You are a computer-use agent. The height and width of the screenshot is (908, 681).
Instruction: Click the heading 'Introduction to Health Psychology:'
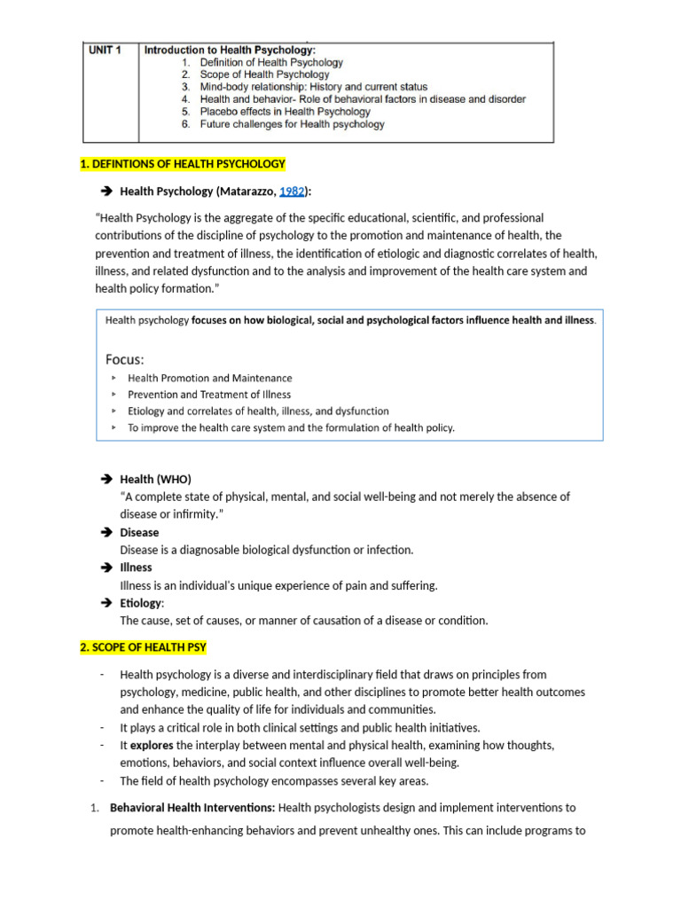tap(230, 51)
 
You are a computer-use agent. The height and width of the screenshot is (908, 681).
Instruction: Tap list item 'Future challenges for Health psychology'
tap(292, 125)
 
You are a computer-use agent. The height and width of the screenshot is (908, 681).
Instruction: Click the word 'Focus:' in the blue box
tap(125, 359)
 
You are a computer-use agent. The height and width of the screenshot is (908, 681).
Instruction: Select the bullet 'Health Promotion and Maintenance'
tap(209, 379)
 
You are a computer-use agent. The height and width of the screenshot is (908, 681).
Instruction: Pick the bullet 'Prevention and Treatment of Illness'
tap(208, 395)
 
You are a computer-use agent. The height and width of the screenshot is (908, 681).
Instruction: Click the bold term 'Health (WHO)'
tap(155, 480)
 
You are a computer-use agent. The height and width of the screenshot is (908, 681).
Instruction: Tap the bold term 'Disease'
tap(139, 533)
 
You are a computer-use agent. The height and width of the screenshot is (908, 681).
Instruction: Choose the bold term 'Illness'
tap(136, 567)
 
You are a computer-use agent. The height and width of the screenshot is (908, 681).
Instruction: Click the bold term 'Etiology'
tap(141, 603)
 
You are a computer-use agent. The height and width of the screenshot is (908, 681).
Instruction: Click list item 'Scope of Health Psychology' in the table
tap(264, 75)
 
